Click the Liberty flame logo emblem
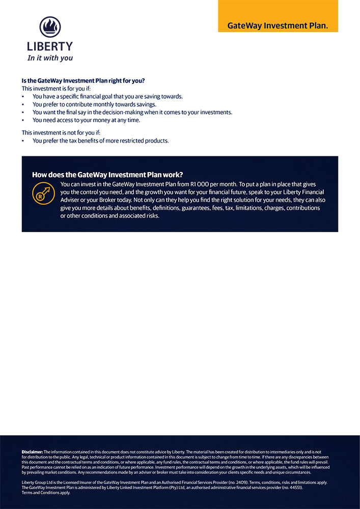(x=50, y=27)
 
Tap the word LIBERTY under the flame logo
(x=50, y=46)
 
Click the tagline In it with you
(x=50, y=58)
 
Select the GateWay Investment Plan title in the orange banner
(x=278, y=25)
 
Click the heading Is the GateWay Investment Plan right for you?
(x=83, y=80)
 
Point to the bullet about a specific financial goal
(x=107, y=96)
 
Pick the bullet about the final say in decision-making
(x=132, y=112)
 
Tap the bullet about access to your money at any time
(x=86, y=120)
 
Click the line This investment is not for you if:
(x=61, y=133)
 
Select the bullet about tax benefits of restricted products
(x=100, y=140)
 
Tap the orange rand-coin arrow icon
(x=43, y=193)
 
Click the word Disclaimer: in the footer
(x=32, y=451)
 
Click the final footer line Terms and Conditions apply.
(x=46, y=493)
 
